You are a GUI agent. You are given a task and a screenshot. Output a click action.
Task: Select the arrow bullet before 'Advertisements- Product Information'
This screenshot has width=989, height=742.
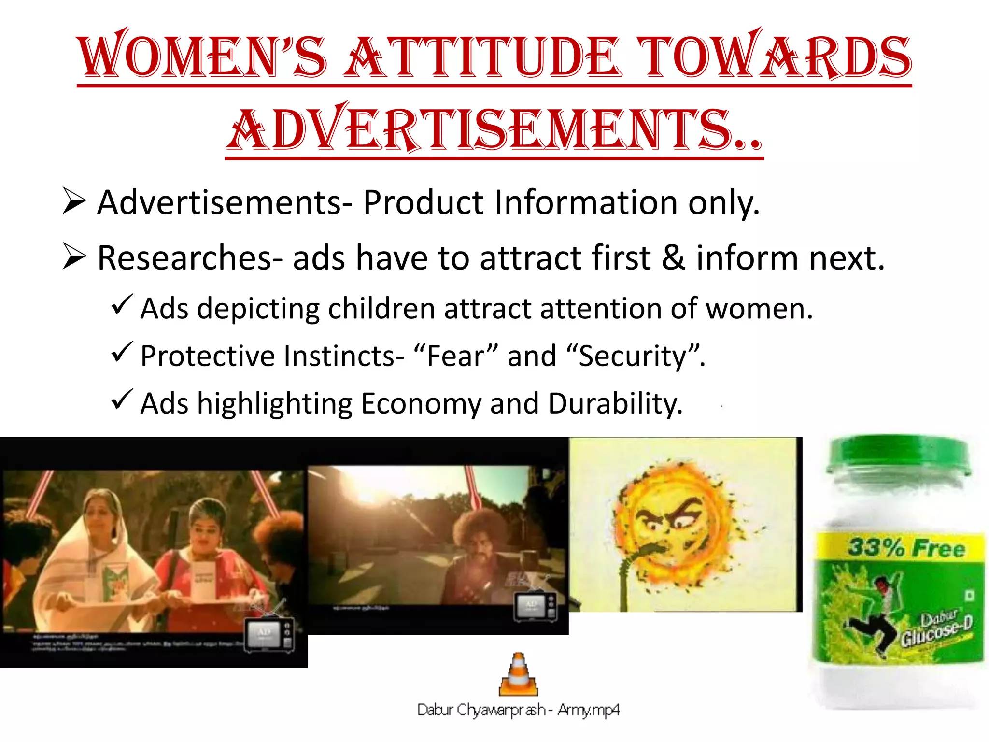click(74, 201)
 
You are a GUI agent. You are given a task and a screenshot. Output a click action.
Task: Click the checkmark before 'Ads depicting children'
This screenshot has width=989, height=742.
click(121, 305)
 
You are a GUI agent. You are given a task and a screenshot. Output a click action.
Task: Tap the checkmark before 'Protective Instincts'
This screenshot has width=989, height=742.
click(121, 352)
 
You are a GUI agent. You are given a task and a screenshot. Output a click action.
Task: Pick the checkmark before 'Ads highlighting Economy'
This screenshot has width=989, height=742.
click(121, 400)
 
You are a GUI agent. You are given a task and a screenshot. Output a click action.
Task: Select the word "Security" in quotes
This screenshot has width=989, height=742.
click(633, 356)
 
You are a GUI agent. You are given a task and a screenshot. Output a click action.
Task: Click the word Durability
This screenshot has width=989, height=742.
click(615, 403)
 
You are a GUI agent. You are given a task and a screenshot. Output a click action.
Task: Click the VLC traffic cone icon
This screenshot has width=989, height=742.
click(518, 674)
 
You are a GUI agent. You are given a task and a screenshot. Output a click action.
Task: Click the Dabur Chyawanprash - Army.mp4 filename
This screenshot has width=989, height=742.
click(518, 710)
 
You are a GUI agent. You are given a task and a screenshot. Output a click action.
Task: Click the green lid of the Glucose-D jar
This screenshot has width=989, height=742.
click(898, 454)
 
